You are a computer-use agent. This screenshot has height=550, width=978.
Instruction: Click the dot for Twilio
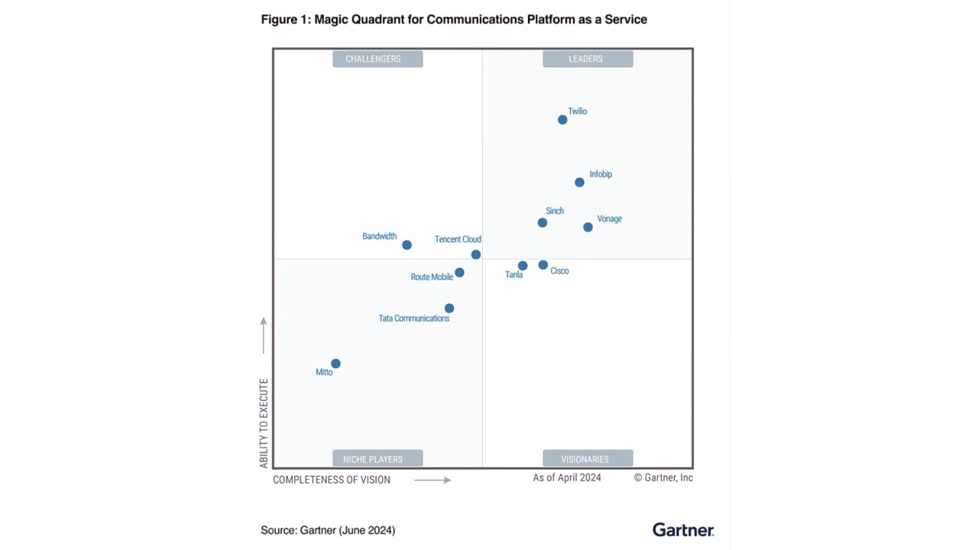pyautogui.click(x=562, y=120)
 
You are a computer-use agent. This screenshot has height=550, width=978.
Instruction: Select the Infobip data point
pyautogui.click(x=579, y=183)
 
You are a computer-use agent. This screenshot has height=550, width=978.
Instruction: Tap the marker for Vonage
pyautogui.click(x=588, y=227)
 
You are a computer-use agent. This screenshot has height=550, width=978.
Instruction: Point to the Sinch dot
pyautogui.click(x=542, y=223)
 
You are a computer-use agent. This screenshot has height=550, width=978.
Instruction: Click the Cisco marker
pyautogui.click(x=542, y=265)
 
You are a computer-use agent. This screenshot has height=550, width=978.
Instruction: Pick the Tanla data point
pyautogui.click(x=523, y=266)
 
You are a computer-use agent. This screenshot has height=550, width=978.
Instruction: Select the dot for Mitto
pyautogui.click(x=335, y=364)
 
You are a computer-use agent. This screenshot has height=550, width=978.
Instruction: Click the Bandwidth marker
pyautogui.click(x=406, y=245)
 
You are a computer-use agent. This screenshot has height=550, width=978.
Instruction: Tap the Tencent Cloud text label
pyautogui.click(x=458, y=239)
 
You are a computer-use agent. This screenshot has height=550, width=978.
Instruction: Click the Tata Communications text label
pyautogui.click(x=414, y=319)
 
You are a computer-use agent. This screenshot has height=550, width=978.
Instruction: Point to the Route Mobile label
pyautogui.click(x=432, y=277)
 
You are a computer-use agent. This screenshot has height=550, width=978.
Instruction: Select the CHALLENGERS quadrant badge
pyautogui.click(x=377, y=59)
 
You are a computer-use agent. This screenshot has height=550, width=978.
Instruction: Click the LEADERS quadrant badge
pyautogui.click(x=588, y=59)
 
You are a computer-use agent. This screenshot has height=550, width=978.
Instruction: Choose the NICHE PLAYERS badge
pyautogui.click(x=377, y=459)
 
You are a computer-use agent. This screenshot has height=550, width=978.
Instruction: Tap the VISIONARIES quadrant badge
pyautogui.click(x=588, y=459)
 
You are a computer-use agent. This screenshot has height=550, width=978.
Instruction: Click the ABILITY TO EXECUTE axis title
pyautogui.click(x=264, y=423)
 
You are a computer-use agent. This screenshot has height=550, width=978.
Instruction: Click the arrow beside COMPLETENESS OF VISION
pyautogui.click(x=432, y=480)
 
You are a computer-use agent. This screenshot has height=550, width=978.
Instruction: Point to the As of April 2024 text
pyautogui.click(x=567, y=477)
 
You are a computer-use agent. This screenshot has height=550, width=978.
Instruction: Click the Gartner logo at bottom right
pyautogui.click(x=683, y=529)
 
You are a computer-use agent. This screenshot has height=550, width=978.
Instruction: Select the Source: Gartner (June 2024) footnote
pyautogui.click(x=328, y=530)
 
